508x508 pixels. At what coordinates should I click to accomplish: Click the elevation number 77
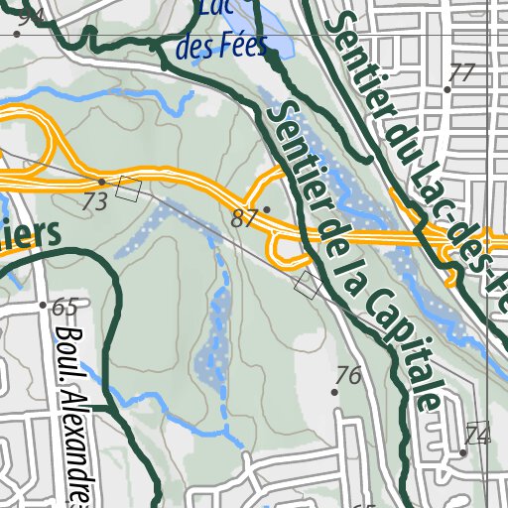[x=462, y=72]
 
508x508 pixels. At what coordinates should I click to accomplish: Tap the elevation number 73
[x=95, y=201]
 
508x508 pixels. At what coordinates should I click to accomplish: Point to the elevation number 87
[x=244, y=219]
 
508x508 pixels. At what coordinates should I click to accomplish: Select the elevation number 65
[x=64, y=306]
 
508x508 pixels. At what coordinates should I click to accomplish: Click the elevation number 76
[x=347, y=375]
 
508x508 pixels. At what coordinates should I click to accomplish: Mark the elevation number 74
[x=478, y=435]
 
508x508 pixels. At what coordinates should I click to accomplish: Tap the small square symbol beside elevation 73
[x=128, y=189]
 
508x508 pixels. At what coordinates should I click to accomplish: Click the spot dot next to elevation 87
[x=266, y=209]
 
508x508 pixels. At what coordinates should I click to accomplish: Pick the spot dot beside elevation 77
[x=447, y=89]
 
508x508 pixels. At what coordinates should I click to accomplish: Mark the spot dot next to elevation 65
[x=43, y=306]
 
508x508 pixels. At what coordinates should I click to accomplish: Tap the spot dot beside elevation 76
[x=334, y=392]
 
